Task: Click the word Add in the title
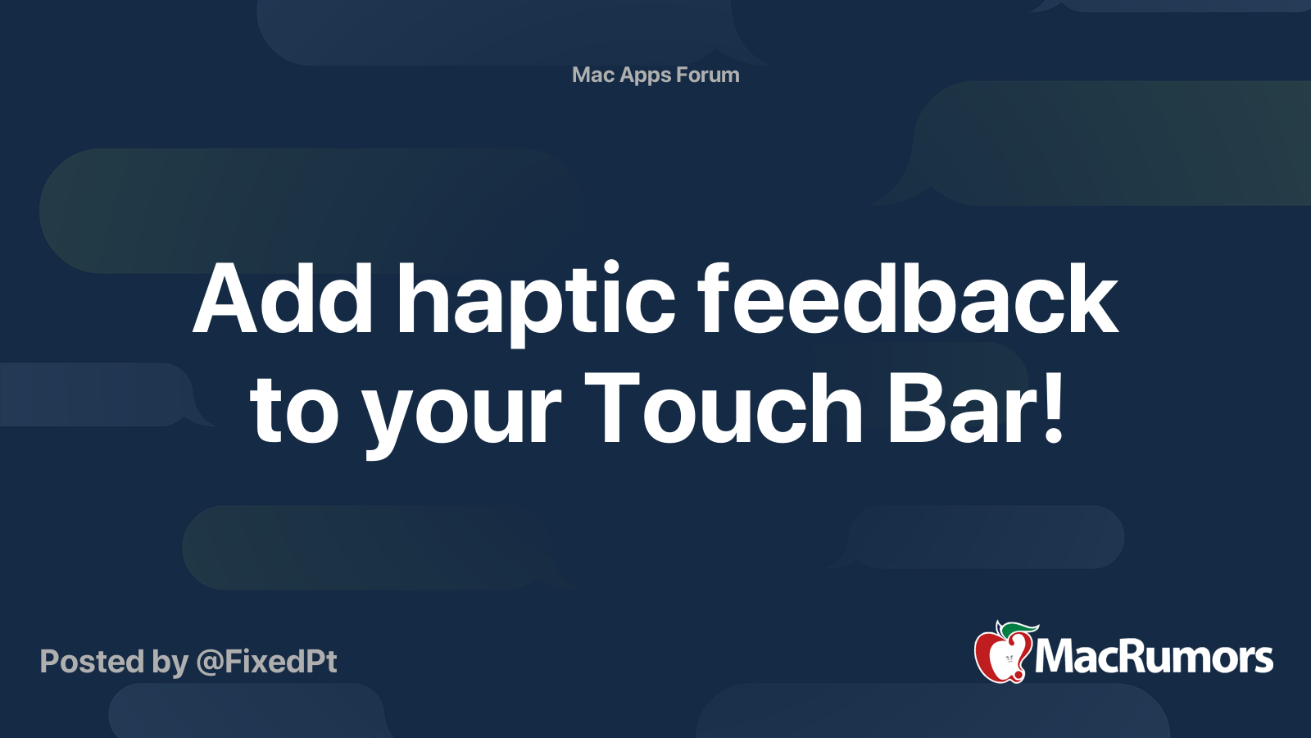point(283,299)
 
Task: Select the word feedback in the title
point(907,299)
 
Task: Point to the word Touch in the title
point(724,408)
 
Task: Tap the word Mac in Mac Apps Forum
point(593,75)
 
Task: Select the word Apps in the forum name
point(646,75)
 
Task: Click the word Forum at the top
point(708,75)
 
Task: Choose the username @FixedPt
point(266,662)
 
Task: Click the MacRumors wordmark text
point(1154,658)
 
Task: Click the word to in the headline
point(294,409)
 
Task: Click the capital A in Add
point(225,299)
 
